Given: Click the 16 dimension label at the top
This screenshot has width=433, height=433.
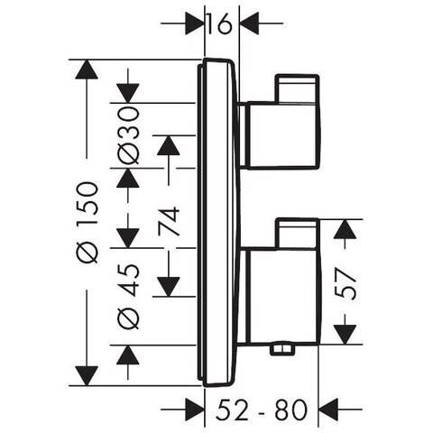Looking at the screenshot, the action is pos(219,23).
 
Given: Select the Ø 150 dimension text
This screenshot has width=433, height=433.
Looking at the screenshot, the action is pos(87,223).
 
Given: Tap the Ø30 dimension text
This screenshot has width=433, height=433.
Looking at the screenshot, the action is pos(128,135).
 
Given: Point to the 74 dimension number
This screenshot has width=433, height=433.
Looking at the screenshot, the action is pos(169,221).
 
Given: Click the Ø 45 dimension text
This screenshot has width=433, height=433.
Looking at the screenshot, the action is pos(128,296).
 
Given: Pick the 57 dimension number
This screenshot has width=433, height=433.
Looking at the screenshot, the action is pos(345,284).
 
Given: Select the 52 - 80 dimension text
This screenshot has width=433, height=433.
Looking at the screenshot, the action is pos(262,410).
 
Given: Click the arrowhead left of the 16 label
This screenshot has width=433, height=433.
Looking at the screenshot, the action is pos(195,23).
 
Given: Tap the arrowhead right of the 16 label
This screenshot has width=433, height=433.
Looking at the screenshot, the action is pos(249,23).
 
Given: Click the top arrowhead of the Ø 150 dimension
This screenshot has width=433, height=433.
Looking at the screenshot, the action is pos(87,69).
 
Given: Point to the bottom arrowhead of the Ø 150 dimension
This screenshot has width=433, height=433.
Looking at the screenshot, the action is pos(87,376).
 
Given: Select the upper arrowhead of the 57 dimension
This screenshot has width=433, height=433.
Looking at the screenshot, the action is pos(345,229).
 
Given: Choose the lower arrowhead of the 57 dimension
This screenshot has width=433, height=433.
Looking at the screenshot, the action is pos(345,335).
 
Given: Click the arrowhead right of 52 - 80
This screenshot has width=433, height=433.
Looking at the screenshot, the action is pos(327,410).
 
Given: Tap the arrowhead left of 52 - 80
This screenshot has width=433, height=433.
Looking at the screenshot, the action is pos(195,410).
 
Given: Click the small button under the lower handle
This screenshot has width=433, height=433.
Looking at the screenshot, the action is pos(282,349).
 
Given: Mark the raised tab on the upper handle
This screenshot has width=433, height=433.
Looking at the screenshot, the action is pos(297,88).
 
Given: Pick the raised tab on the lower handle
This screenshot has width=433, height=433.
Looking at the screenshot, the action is pos(297,234).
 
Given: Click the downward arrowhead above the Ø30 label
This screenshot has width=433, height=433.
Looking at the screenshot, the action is pos(128,93).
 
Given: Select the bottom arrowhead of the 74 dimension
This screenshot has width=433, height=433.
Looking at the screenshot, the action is pos(169,287).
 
